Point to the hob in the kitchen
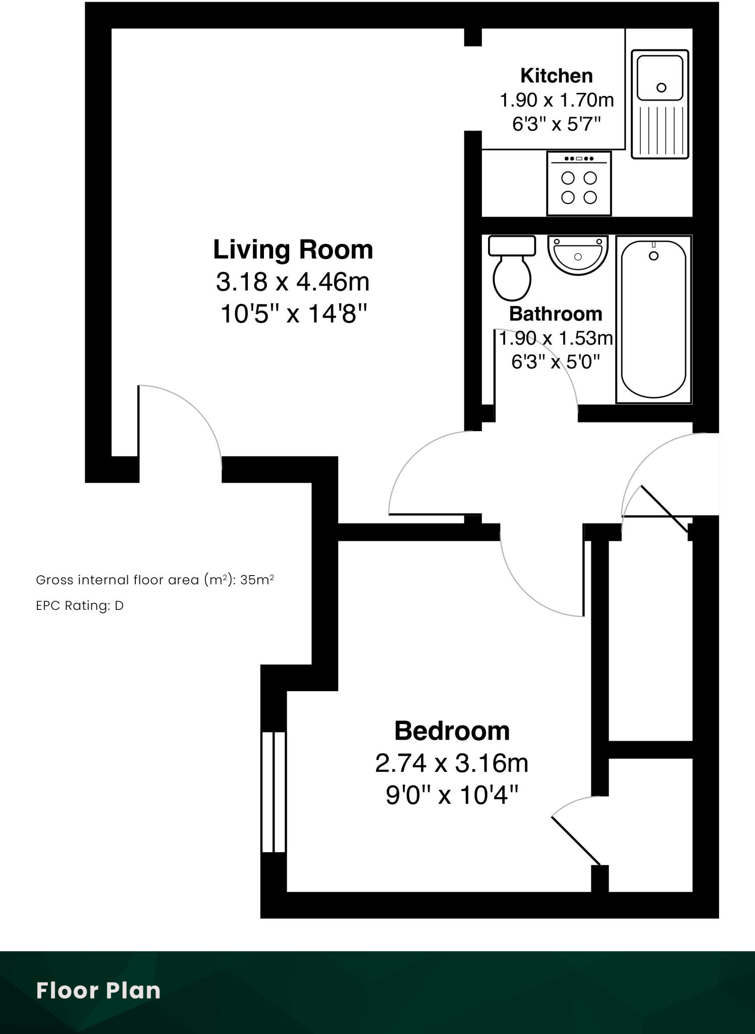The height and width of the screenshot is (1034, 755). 579,184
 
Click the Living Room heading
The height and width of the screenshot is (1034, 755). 293,250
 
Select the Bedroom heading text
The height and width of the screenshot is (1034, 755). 452,731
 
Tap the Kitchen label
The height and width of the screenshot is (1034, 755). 556,76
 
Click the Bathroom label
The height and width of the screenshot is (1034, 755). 555,314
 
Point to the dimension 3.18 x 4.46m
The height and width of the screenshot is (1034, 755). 293,282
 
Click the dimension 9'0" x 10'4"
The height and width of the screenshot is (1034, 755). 452,796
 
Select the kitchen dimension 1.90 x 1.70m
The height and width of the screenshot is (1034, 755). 556,100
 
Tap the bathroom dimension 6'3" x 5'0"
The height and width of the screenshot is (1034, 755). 555,362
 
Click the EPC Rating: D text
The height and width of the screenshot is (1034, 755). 80,605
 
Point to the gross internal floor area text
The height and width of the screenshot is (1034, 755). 154,580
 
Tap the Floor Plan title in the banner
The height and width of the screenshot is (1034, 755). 98,991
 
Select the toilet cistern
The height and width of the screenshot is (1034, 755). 512,246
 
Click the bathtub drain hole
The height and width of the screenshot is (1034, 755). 653,256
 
